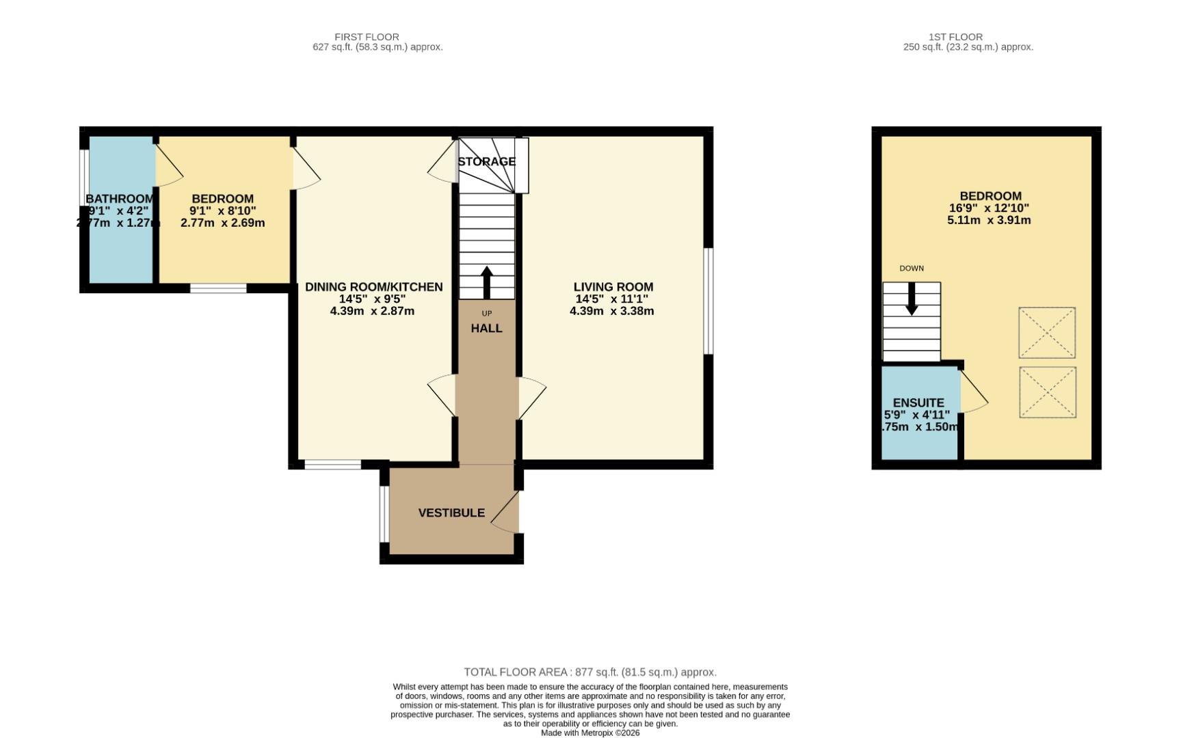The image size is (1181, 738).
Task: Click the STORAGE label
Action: [486, 162]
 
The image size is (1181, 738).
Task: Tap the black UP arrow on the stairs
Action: [487, 282]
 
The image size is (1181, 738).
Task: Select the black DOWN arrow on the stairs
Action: [912, 299]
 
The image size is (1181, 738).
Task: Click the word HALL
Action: [486, 328]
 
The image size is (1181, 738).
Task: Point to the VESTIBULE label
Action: [451, 512]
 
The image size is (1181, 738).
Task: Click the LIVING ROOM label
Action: [613, 287]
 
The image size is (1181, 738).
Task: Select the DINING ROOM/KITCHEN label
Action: [373, 287]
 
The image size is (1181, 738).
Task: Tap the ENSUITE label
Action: [918, 403]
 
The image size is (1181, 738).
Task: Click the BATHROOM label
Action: [120, 199]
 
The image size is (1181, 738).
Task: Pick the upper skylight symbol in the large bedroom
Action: [1046, 333]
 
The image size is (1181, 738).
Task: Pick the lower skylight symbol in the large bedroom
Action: [1047, 392]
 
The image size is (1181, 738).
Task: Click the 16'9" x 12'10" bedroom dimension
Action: [989, 208]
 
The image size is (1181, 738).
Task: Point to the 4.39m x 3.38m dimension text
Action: [611, 311]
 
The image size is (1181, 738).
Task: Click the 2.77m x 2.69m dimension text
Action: [222, 223]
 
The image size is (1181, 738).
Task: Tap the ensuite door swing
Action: [972, 393]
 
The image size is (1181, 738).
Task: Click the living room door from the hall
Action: [531, 398]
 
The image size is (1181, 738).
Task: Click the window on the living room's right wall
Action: [708, 301]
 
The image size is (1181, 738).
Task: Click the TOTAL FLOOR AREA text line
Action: [589, 672]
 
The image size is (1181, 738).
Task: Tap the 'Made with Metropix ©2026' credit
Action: [589, 733]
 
